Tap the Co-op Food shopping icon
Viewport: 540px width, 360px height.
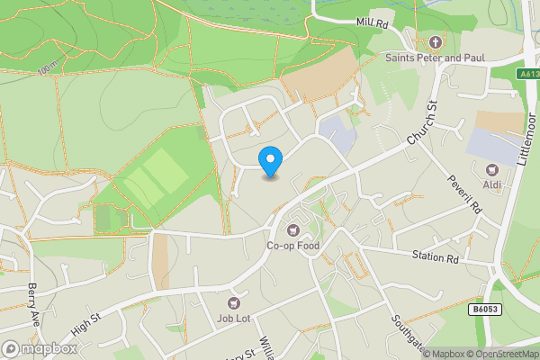pyautogui.click(x=292, y=229)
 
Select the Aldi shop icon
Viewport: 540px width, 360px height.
pyautogui.click(x=492, y=170)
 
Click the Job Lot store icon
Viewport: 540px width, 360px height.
pyautogui.click(x=236, y=304)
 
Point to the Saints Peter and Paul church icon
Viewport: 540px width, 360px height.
pyautogui.click(x=436, y=42)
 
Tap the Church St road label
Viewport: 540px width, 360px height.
pyautogui.click(x=420, y=125)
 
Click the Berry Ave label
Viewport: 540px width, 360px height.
pyautogui.click(x=34, y=298)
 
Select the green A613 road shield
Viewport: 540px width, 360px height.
pyautogui.click(x=528, y=75)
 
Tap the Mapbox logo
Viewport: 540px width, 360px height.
pyautogui.click(x=40, y=348)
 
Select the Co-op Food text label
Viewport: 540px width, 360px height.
pyautogui.click(x=292, y=246)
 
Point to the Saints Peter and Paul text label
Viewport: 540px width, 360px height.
pyautogui.click(x=436, y=58)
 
